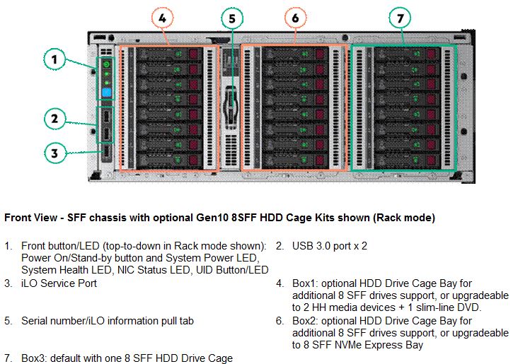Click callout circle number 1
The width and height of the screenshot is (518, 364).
(x=54, y=59)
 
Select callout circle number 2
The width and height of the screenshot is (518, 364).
(x=54, y=119)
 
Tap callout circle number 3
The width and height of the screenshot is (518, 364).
(x=54, y=153)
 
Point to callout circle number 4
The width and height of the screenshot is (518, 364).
(x=162, y=18)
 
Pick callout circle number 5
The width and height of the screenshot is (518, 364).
(x=232, y=18)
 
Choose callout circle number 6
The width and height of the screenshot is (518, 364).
(x=295, y=18)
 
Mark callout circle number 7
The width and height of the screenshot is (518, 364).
(x=400, y=18)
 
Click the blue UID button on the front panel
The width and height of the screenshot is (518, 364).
(x=106, y=93)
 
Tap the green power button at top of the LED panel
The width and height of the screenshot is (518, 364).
(x=106, y=64)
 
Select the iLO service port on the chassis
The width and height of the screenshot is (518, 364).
(x=106, y=153)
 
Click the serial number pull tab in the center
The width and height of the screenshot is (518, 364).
(x=231, y=106)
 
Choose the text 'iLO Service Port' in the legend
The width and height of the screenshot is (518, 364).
(x=59, y=283)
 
